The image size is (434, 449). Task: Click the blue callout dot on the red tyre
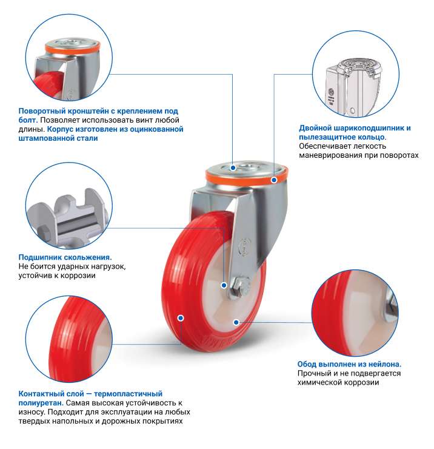pos(181,318)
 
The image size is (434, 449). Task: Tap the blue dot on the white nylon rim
pos(236,322)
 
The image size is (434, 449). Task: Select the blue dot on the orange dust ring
pos(274,180)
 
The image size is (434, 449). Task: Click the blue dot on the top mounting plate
pos(233,168)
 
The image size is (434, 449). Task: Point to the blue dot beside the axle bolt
pos(224,285)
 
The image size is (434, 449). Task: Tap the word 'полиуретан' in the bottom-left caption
pos(41,403)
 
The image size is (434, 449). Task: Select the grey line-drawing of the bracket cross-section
pos(354,87)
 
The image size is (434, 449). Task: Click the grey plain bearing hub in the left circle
pos(68,218)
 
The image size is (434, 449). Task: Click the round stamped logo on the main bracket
pos(245,246)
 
